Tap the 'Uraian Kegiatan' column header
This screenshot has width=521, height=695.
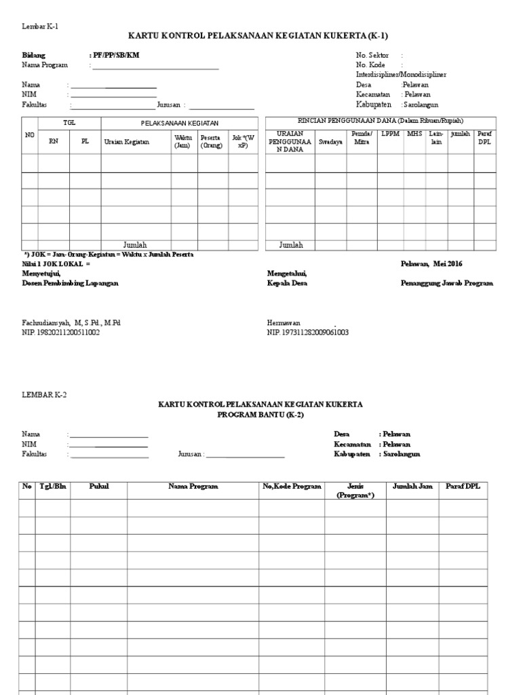point(125,142)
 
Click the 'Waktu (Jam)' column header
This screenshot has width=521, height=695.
point(183,141)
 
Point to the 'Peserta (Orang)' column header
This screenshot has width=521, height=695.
point(211,141)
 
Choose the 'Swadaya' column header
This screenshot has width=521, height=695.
point(330,142)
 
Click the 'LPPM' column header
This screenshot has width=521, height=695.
point(390,134)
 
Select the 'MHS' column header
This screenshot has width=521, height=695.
point(414,134)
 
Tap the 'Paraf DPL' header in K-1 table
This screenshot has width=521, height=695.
point(484,138)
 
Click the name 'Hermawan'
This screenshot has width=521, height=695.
point(284,324)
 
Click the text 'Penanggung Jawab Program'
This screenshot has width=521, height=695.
point(447,283)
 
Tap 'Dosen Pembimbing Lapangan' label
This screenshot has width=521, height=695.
point(70,283)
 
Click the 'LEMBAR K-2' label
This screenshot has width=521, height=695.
point(45,394)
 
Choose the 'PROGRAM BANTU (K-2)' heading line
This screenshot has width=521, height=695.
point(260,414)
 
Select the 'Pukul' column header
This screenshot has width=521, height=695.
point(98,487)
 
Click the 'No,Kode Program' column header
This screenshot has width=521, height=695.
point(292,487)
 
